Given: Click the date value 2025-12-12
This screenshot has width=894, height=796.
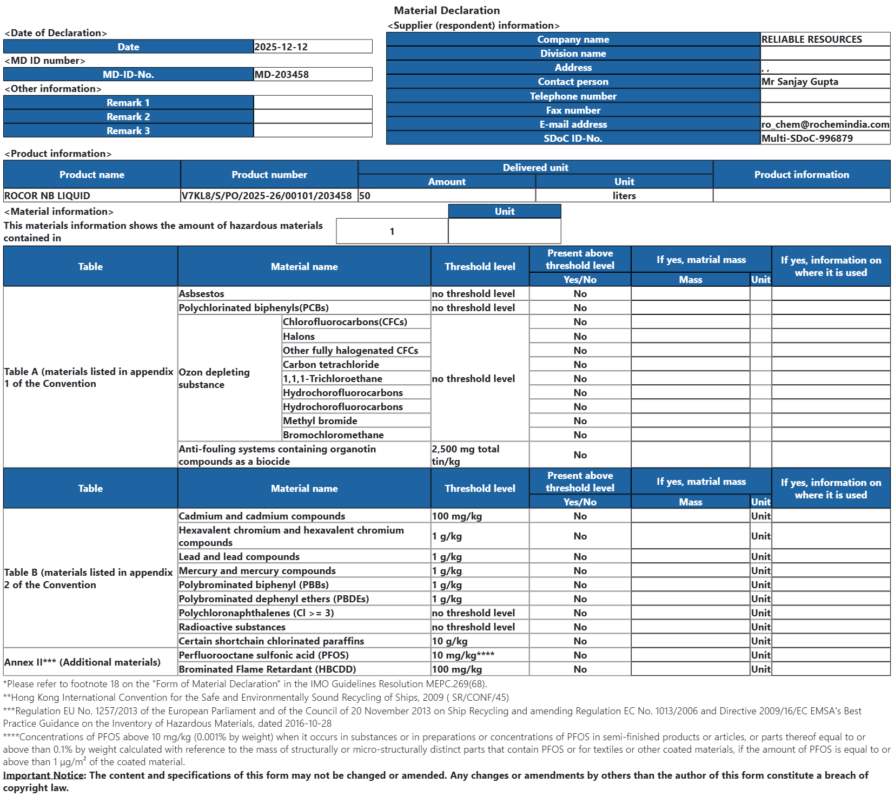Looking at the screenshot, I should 281,47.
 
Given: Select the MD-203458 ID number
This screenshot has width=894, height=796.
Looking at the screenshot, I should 282,75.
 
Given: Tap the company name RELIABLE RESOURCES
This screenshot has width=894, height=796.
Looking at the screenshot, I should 811,40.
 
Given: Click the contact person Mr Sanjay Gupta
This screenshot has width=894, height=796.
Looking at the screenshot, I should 799,82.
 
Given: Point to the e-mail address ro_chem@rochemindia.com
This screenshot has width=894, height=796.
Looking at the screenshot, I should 825,124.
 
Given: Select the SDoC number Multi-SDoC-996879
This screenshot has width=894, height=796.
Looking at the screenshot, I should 807,139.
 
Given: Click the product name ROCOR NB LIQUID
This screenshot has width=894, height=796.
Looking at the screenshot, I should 47,196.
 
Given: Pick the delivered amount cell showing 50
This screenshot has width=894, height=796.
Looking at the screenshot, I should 365,196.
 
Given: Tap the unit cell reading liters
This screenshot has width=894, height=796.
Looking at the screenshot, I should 624,196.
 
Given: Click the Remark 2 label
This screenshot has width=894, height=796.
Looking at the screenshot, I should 128,117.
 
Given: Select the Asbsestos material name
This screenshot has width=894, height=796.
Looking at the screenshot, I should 201,294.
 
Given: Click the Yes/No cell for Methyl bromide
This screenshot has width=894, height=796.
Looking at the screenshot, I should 580,421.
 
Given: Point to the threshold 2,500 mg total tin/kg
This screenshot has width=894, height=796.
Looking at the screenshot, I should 465,455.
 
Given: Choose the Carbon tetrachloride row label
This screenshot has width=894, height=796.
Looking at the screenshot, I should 330,365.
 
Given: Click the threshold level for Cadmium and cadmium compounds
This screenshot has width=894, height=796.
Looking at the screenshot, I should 456,516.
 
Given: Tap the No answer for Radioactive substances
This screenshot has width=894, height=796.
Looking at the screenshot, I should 580,627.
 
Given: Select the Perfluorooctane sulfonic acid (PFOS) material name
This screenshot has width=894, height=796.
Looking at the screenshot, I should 263,655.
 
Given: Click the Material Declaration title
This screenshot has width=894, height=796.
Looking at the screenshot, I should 447,10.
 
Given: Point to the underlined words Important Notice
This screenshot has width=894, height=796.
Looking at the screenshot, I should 43,775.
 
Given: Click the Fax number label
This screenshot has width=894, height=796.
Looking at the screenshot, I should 573,110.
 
